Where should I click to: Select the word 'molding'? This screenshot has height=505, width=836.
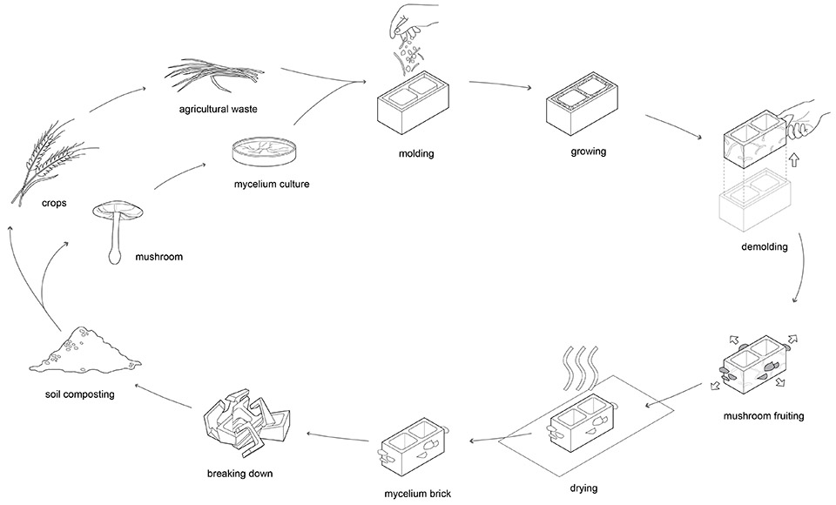click(x=415, y=154)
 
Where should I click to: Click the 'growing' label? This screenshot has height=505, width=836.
click(x=589, y=151)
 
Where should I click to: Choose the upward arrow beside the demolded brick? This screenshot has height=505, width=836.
click(x=793, y=161)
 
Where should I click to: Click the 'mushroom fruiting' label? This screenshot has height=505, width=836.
click(x=763, y=416)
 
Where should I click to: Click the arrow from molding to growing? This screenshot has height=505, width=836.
click(x=500, y=87)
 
